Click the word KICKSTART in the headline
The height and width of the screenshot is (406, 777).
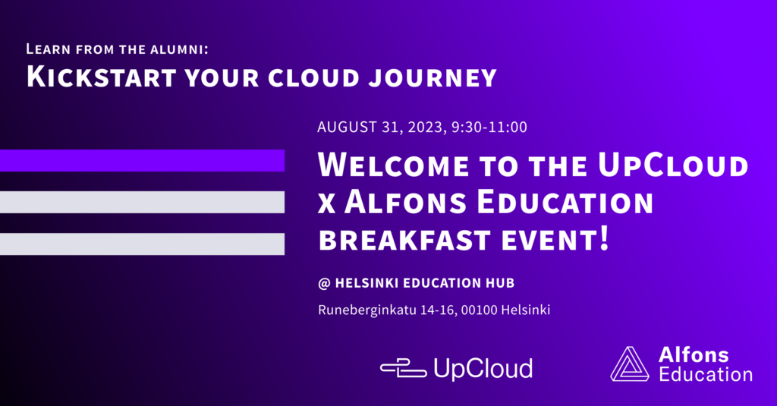point(102,77)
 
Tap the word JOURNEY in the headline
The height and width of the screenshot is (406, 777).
point(433,78)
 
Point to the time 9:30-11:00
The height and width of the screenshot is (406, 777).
point(489,127)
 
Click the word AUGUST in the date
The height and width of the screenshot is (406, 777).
point(348,127)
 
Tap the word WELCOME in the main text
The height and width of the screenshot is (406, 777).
point(393,165)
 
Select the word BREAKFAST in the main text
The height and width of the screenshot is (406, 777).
point(404,240)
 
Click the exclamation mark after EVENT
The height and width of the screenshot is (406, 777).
point(603,238)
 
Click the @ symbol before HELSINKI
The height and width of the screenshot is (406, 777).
point(324,284)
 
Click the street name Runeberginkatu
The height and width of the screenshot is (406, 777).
point(367,310)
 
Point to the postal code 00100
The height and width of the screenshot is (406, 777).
point(479,310)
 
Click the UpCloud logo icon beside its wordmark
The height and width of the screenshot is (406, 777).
point(404,369)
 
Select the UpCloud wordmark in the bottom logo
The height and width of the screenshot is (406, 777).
point(483,369)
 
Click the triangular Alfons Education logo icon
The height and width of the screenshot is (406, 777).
point(629,364)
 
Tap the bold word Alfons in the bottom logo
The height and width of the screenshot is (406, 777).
point(694,355)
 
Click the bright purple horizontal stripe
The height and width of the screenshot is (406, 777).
point(142,161)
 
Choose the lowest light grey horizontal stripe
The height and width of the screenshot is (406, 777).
point(142,244)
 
